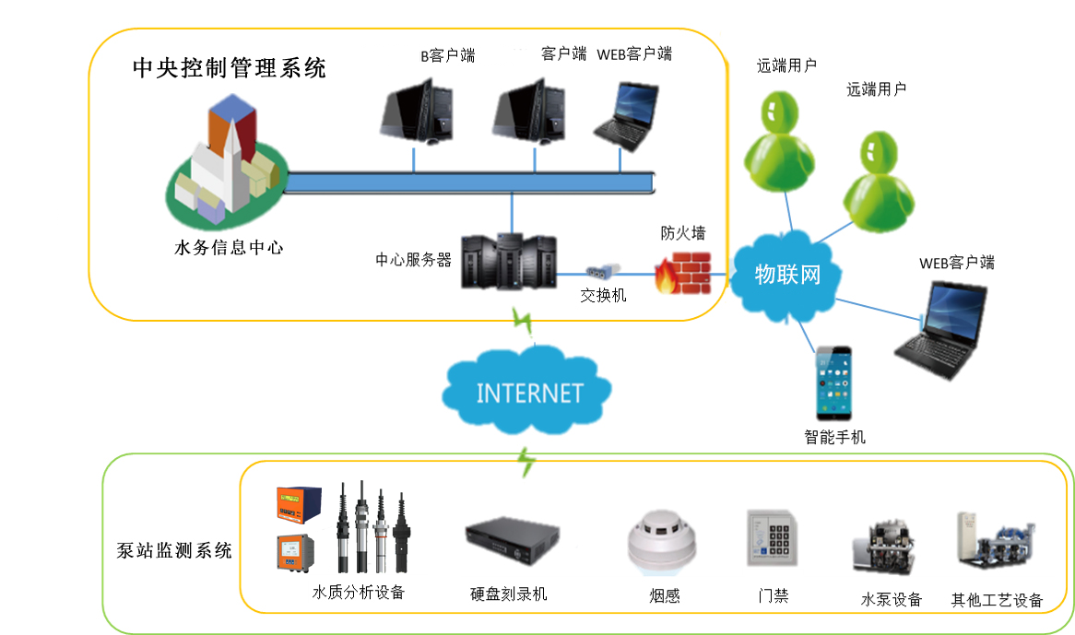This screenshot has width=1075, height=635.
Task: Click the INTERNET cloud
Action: (527, 393)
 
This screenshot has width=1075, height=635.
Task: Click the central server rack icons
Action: (508, 260)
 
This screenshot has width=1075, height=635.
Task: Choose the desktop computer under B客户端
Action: (418, 109)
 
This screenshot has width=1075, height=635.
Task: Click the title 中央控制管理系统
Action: (229, 68)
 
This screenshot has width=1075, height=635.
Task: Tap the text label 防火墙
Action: (683, 231)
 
